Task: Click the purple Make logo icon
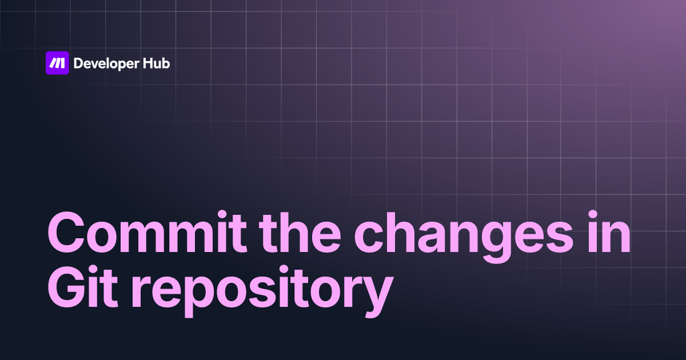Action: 57,63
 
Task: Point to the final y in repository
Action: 376,297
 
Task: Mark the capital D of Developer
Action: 79,63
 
